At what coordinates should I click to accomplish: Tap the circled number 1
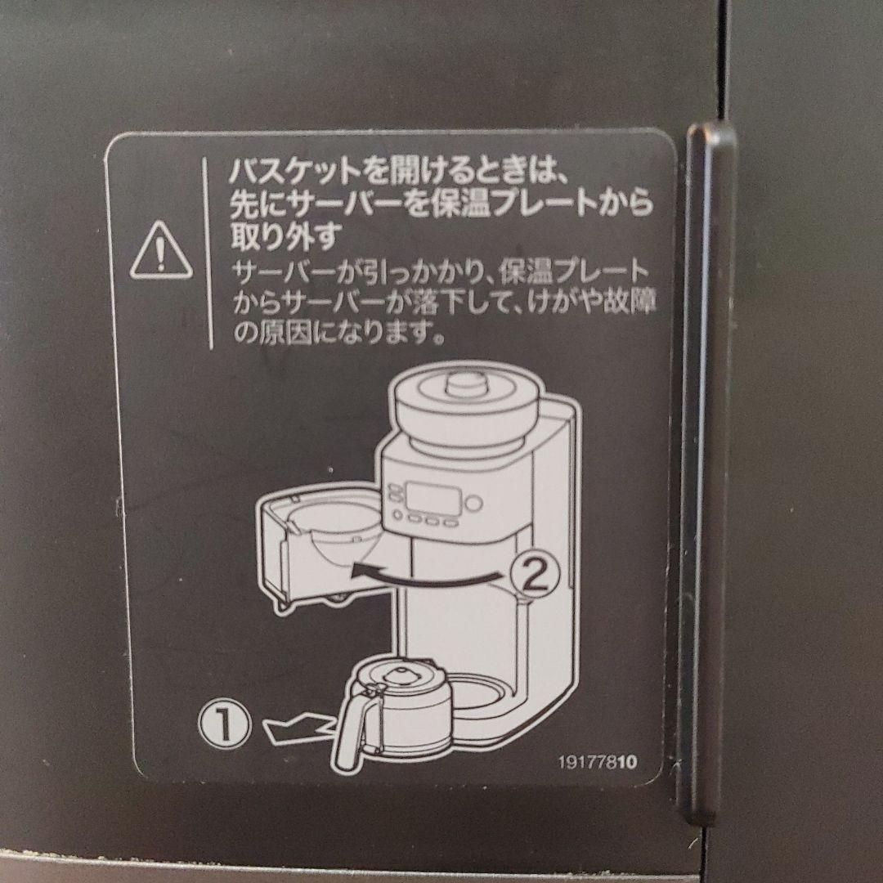(222, 723)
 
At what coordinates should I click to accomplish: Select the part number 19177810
(597, 761)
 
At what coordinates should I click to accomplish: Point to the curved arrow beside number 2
(425, 576)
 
